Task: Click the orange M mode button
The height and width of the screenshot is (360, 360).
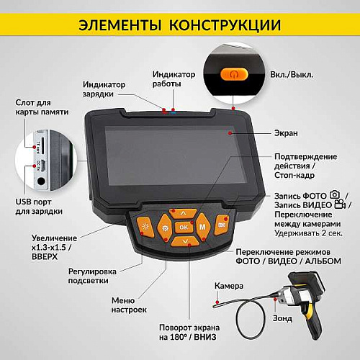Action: (x=203, y=227)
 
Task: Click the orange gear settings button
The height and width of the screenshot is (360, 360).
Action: (x=166, y=228)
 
